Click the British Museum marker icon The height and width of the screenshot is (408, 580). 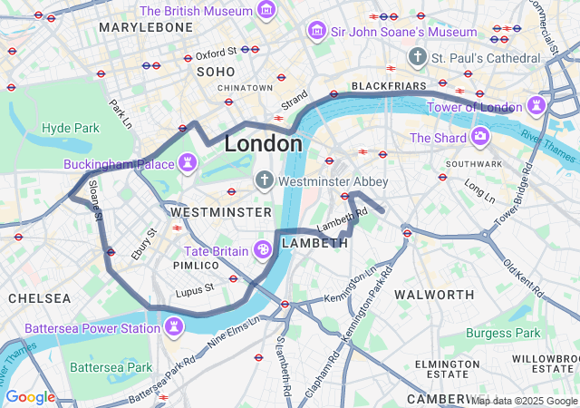click(x=266, y=10)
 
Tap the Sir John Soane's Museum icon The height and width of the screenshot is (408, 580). click(x=316, y=32)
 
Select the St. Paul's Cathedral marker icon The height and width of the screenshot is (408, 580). click(x=417, y=57)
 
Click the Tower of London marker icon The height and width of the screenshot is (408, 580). click(x=537, y=105)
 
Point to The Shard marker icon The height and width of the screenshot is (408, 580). click(x=479, y=138)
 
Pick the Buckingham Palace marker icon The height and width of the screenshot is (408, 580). click(x=188, y=164)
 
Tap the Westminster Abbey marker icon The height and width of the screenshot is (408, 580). click(x=265, y=180)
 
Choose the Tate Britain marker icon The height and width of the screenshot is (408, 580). click(x=262, y=249)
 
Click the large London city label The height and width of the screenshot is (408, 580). click(x=263, y=144)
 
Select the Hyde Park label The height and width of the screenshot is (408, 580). click(x=70, y=128)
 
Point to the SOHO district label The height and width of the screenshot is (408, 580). click(x=216, y=71)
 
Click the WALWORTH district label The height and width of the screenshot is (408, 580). click(x=434, y=295)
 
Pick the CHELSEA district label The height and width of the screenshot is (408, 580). click(x=39, y=297)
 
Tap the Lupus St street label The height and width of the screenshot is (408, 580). click(x=194, y=288)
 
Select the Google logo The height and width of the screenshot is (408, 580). click(x=30, y=396)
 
